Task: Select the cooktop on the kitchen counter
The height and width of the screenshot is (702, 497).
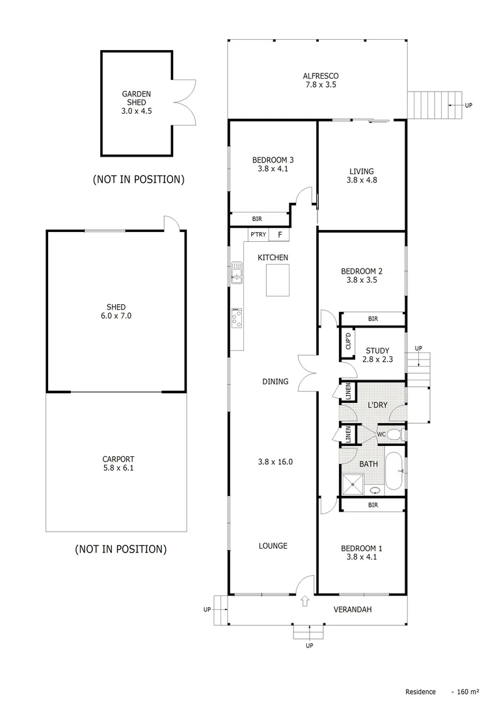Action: pos(237,317)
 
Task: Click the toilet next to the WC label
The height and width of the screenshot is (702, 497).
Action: pos(395,434)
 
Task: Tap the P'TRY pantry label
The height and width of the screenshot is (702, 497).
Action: pos(256,235)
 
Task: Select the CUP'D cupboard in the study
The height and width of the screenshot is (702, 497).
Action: pos(348,341)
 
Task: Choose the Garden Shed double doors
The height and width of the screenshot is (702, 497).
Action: pos(183,102)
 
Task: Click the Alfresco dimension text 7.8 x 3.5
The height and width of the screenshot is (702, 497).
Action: pos(320,84)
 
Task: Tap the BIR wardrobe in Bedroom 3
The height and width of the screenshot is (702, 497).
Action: pos(259,220)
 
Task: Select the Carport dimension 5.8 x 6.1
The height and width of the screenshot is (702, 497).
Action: pos(118,467)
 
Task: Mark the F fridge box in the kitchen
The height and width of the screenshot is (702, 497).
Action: pos(280,235)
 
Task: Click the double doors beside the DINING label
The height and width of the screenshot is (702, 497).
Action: pos(307,374)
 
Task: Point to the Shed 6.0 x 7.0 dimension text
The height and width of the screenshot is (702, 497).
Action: pos(116,316)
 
